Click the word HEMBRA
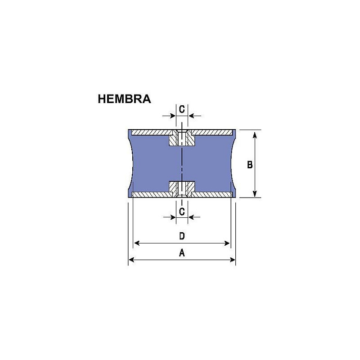(124, 99)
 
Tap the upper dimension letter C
(182, 109)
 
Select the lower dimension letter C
(182, 211)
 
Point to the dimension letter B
(250, 165)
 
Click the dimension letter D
(182, 236)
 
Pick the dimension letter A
(182, 253)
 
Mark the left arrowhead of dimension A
(131, 260)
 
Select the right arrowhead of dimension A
(233, 260)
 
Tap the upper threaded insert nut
(182, 139)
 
